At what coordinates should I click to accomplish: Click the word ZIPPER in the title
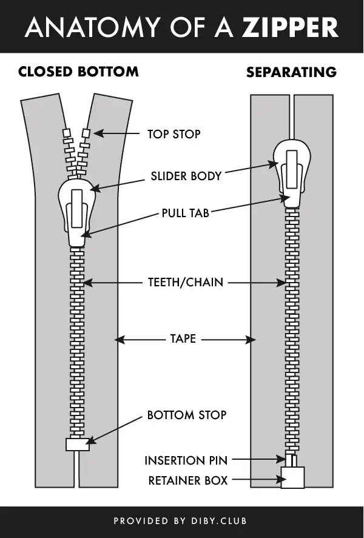point(290,27)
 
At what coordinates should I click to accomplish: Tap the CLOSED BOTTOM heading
point(79,72)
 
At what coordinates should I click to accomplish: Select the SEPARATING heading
point(292,72)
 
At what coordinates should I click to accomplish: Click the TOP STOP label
point(174,134)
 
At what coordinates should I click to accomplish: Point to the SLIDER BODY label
point(186,176)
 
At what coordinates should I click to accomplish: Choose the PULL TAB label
point(186,213)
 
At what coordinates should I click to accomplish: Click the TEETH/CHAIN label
point(186,283)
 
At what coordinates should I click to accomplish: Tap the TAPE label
point(183,338)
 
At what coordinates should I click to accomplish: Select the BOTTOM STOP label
point(187,415)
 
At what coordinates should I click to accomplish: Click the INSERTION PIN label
point(186,460)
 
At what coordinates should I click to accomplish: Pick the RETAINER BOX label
point(188,480)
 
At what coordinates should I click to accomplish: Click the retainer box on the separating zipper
point(292,477)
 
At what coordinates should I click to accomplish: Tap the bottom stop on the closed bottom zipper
point(78,445)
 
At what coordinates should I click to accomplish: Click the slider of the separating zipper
point(292,173)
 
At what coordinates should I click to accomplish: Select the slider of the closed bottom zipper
point(77,213)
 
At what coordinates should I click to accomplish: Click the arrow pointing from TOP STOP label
point(116,133)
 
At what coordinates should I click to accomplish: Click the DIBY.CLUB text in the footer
point(219,521)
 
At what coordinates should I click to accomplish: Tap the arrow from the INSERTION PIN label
point(259,459)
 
